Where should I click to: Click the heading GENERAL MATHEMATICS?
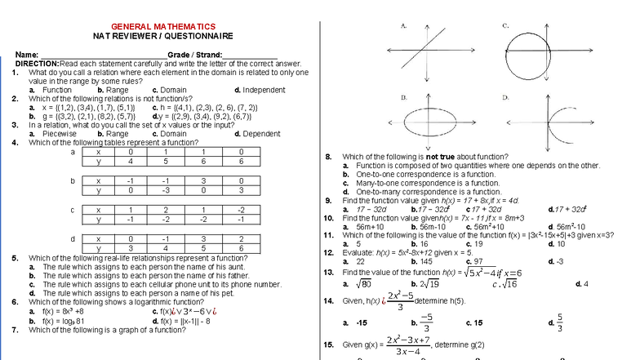[x=163, y=27]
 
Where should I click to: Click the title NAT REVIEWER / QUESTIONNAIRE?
[x=163, y=37]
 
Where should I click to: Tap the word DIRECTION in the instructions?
[x=37, y=64]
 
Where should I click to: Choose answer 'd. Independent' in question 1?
[x=259, y=90]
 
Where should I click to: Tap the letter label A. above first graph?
[x=404, y=26]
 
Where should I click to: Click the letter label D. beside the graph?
[x=506, y=97]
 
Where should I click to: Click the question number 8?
[x=327, y=157]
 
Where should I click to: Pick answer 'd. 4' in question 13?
[x=582, y=284]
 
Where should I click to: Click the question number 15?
[x=329, y=344]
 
